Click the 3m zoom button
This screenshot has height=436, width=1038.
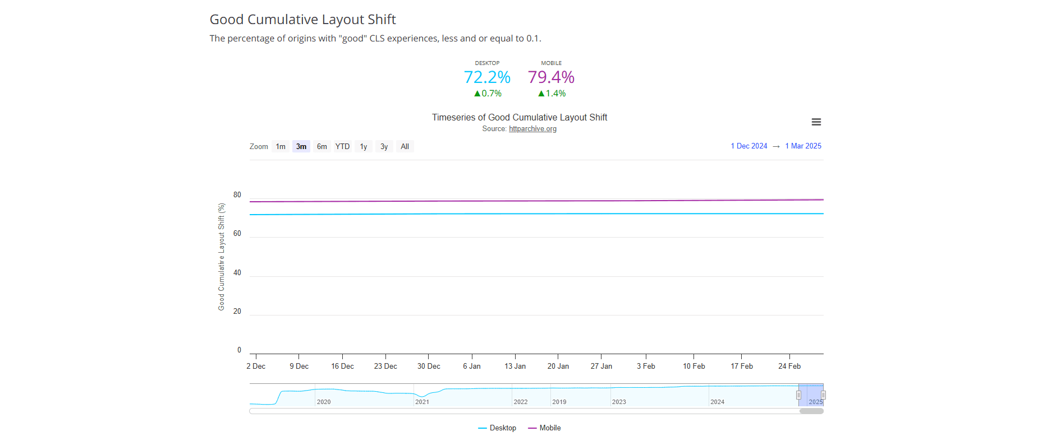click(x=301, y=146)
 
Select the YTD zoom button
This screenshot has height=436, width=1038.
click(x=342, y=146)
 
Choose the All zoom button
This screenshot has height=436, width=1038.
click(x=405, y=146)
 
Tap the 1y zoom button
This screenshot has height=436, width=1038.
click(x=364, y=146)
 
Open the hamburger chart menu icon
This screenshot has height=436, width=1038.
click(x=816, y=122)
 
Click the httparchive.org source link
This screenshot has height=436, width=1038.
click(x=532, y=129)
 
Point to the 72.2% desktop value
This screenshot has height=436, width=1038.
click(x=487, y=77)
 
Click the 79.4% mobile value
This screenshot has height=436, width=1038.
click(x=551, y=77)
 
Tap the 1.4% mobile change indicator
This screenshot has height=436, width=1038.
click(x=552, y=94)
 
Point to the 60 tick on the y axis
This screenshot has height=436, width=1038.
click(x=237, y=234)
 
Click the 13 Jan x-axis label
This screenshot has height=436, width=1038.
click(x=515, y=366)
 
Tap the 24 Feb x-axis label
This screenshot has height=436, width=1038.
click(x=789, y=366)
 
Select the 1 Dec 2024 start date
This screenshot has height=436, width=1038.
click(x=749, y=146)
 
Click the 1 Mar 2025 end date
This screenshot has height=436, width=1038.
click(x=803, y=146)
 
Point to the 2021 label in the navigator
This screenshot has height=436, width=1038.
click(x=422, y=402)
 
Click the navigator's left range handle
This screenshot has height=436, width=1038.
click(x=798, y=395)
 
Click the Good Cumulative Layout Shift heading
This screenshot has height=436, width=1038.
click(x=302, y=20)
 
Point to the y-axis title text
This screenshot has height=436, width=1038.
click(x=221, y=257)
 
